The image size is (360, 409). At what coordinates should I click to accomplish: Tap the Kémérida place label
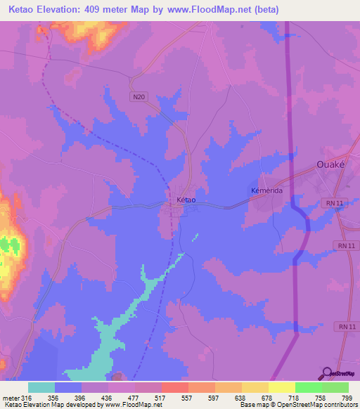pos(266,191)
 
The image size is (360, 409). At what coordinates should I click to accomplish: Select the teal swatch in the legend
pos(41,387)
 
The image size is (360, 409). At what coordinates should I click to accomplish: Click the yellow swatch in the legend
pos(281,387)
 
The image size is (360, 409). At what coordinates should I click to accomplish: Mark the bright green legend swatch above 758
pos(308,387)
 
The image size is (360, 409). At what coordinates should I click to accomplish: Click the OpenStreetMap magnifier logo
pos(326,373)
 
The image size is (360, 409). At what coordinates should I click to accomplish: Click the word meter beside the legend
pos(12,397)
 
